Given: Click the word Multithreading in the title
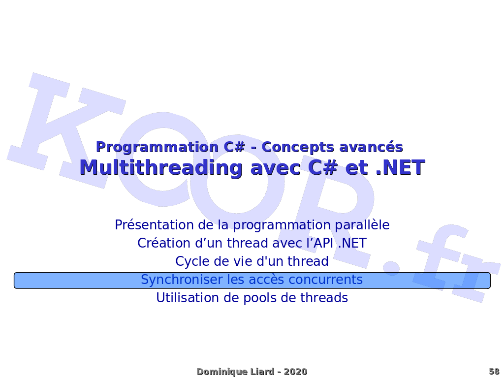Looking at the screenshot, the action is (161, 168).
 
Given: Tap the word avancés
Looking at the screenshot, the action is (371, 147).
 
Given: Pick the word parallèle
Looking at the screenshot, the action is (362, 224).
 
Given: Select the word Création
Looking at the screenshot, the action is (164, 243).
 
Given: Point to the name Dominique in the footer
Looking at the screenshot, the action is (218, 372).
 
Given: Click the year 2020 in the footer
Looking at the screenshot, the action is (296, 372).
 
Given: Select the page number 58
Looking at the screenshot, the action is (494, 372).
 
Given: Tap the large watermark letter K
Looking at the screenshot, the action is (64, 128).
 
